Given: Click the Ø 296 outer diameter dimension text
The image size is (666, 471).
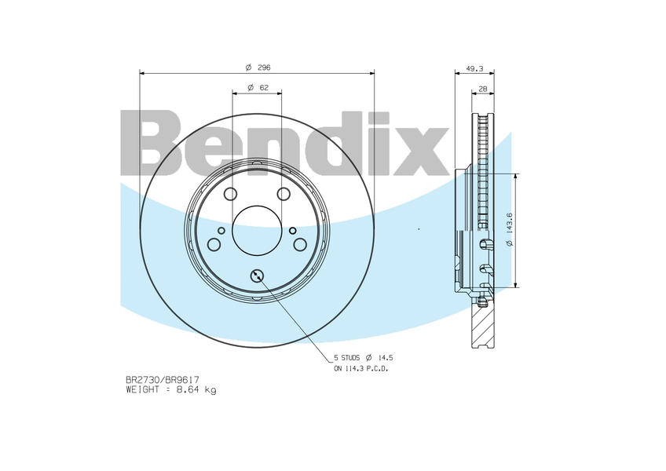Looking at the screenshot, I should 258,67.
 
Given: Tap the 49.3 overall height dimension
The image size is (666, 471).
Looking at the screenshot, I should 474,68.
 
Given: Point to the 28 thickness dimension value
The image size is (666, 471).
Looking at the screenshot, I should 482,89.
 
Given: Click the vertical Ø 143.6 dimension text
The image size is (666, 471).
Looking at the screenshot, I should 509,230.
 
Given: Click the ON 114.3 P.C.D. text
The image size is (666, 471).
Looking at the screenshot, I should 361,368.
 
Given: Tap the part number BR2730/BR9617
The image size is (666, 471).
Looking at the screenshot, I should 157,380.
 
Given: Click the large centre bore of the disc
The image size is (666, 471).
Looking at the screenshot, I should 257,230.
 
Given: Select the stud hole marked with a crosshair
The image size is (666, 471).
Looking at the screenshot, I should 257,275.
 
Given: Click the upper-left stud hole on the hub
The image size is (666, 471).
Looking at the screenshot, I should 230,194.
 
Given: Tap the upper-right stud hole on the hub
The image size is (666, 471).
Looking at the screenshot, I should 284,194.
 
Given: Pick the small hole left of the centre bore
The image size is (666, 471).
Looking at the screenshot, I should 221,230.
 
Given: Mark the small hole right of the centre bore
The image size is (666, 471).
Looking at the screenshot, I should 293,230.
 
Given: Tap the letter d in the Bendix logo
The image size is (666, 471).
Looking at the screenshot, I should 338,145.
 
